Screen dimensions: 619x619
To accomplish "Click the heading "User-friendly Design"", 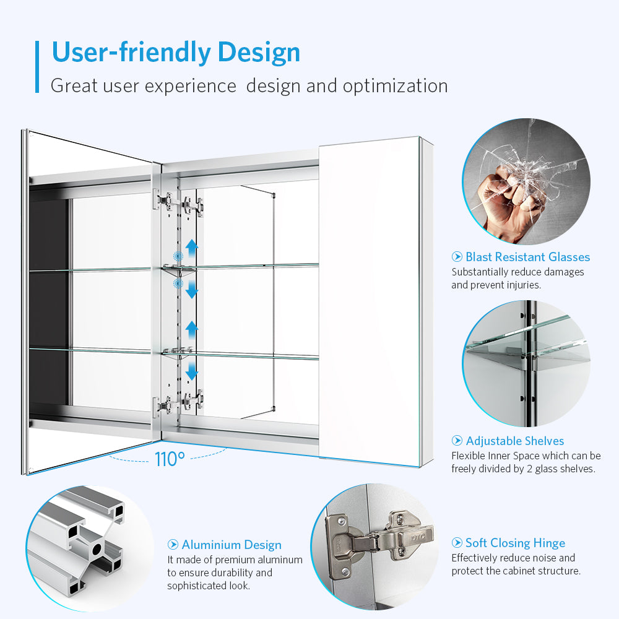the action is [x=176, y=53].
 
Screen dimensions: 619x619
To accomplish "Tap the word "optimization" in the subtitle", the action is [x=395, y=86].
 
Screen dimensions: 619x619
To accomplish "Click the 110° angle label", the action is [x=170, y=459].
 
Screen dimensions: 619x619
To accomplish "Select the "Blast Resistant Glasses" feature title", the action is [x=527, y=257].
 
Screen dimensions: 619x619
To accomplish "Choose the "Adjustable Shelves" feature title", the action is [x=515, y=441].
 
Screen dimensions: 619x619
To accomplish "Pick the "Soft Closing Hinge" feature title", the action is [x=515, y=543].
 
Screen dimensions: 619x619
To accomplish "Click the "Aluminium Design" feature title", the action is [x=232, y=545].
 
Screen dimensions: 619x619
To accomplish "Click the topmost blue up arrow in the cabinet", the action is [x=192, y=248].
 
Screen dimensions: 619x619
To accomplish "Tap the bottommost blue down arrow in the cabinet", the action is [x=192, y=371].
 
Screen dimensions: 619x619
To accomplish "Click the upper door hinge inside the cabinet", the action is [x=178, y=202].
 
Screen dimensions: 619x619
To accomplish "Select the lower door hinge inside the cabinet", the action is [x=178, y=403].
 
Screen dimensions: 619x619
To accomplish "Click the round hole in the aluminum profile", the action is [x=97, y=548].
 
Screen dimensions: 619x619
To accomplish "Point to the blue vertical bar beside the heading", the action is [x=37, y=67].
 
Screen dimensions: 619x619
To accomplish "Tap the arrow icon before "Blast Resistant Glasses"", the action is [x=457, y=257].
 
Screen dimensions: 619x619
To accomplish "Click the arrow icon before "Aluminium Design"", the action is [x=173, y=544].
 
